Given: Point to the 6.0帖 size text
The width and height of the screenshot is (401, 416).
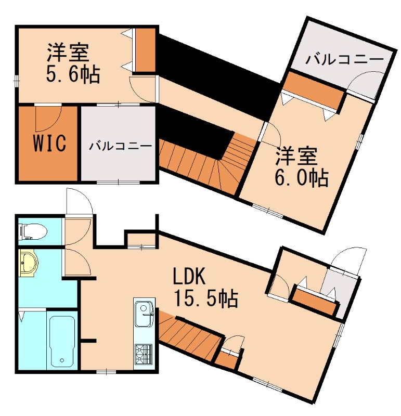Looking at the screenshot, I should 302,178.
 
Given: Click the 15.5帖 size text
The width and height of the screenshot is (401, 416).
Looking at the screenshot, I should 206,298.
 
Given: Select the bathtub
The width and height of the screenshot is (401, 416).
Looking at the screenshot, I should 62,341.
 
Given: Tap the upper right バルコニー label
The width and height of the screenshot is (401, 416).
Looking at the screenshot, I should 344,59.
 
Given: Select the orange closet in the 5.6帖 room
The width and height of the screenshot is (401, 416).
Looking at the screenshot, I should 145,50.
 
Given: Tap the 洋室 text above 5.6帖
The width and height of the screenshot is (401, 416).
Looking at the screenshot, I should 68,53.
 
